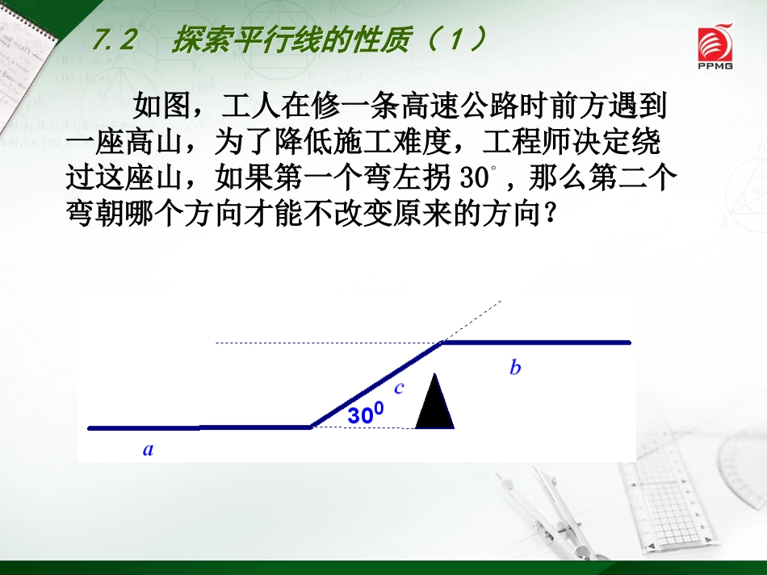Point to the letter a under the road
(148, 450)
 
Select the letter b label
(515, 369)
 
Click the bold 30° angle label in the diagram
(366, 415)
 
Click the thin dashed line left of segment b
(323, 344)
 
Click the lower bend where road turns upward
(312, 427)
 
